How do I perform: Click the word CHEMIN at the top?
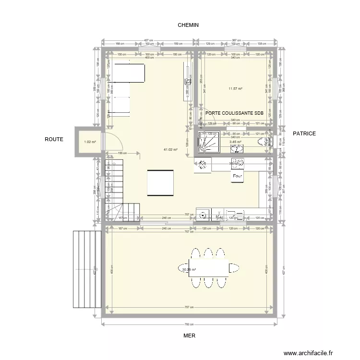click(x=188, y=25)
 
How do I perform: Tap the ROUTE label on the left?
click(x=54, y=139)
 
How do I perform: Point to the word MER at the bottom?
click(x=189, y=336)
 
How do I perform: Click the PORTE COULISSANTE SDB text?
click(x=234, y=113)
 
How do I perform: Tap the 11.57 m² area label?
click(x=235, y=88)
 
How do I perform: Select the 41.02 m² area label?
click(x=170, y=150)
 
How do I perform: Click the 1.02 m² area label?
click(x=90, y=142)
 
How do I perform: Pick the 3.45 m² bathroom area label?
click(x=235, y=142)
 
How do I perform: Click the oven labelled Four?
click(x=237, y=176)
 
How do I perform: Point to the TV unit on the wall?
click(x=185, y=83)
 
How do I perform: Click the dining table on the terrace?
click(x=208, y=268)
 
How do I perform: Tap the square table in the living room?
click(x=160, y=183)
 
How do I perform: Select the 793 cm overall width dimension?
click(x=189, y=324)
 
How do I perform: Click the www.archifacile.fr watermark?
click(x=308, y=353)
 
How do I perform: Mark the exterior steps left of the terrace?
click(x=86, y=269)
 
